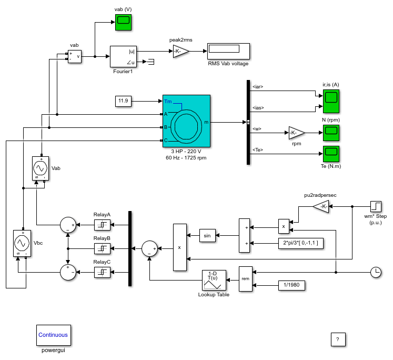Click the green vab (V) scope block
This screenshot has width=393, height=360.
click(123, 22)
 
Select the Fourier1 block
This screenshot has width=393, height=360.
click(123, 56)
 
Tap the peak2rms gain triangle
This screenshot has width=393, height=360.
click(181, 51)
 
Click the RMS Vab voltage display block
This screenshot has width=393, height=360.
click(228, 51)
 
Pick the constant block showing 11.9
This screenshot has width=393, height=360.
click(123, 101)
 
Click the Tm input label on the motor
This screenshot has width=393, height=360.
click(168, 101)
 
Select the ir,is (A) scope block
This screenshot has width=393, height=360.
click(331, 101)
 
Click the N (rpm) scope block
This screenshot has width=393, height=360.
click(331, 133)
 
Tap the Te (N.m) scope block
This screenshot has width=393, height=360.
click(331, 154)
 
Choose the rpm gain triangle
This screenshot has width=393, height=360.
click(297, 133)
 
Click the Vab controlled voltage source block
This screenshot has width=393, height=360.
click(41, 168)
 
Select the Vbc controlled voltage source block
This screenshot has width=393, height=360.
click(22, 243)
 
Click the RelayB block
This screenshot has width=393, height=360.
click(102, 249)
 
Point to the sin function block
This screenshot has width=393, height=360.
click(207, 235)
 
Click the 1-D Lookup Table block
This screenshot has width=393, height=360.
click(214, 281)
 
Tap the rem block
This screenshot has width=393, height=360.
click(246, 279)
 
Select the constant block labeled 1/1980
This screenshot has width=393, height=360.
click(291, 285)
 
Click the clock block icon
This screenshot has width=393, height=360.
click(376, 272)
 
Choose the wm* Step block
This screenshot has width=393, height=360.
click(376, 206)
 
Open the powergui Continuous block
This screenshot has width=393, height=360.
click(54, 335)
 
